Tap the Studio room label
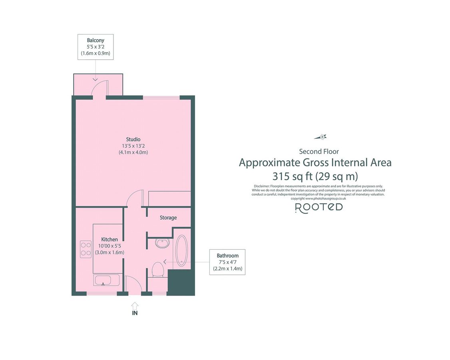tap(133, 139)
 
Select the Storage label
tap(168, 218)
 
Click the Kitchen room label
tap(109, 239)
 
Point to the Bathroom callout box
tap(227, 262)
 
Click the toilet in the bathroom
tap(158, 270)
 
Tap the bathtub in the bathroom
tap(181, 250)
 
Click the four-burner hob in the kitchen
tap(86, 248)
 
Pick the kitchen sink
tap(106, 280)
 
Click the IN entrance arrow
tap(135, 304)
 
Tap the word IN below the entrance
tap(135, 313)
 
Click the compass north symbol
tap(322, 137)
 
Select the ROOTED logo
tap(319, 207)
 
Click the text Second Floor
tap(319, 152)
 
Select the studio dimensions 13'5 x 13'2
tap(133, 146)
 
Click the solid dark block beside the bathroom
tap(180, 282)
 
